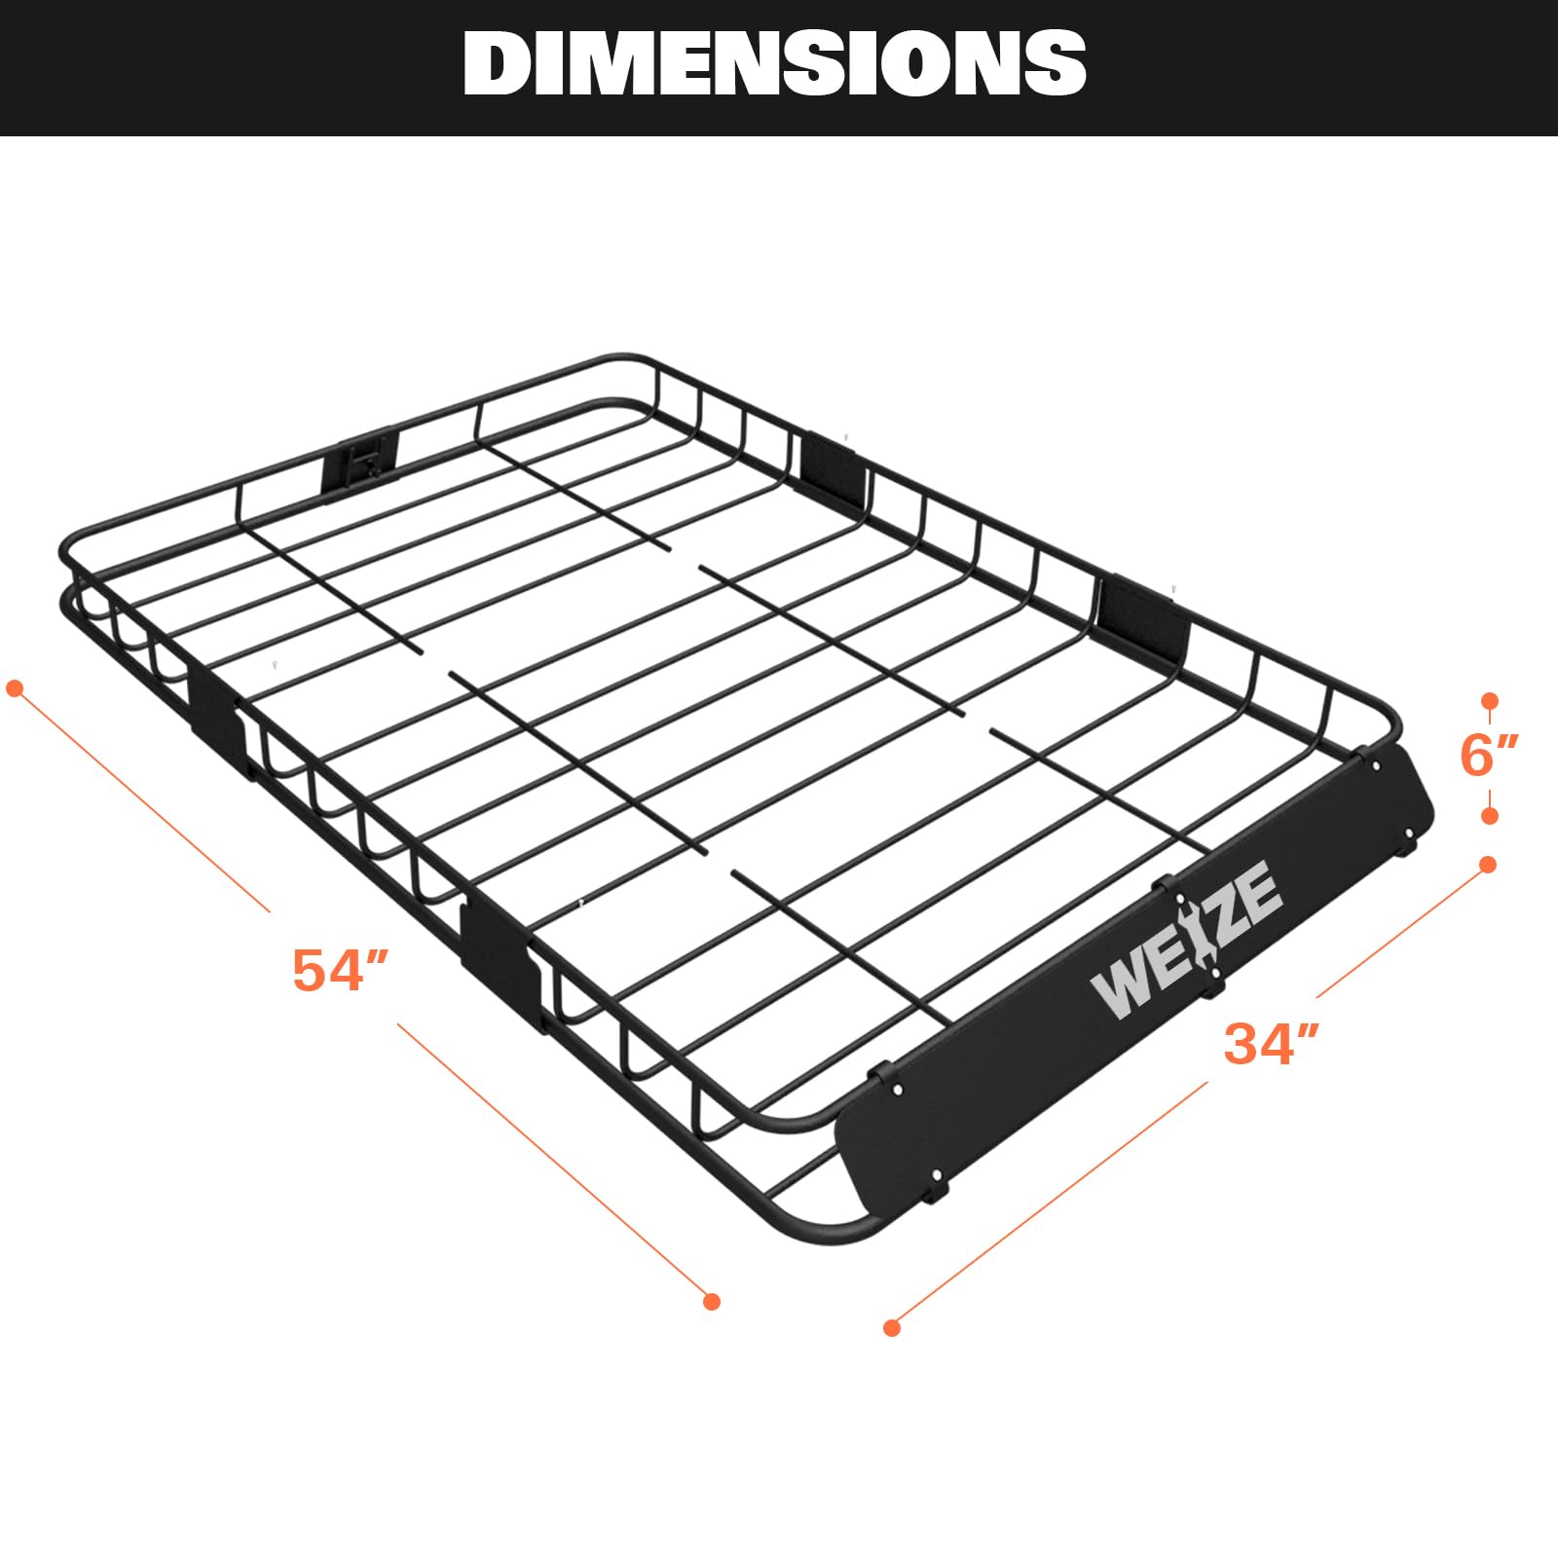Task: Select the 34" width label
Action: [x=1271, y=1042]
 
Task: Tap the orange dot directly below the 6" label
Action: [x=1489, y=816]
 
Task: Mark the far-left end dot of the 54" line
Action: [x=15, y=689]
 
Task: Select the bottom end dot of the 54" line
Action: [x=712, y=1301]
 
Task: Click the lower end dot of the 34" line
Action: [x=892, y=1327]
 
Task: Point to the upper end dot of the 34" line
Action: [x=1488, y=865]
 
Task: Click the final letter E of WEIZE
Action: [x=1263, y=893]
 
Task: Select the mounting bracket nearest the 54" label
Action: [x=501, y=959]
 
